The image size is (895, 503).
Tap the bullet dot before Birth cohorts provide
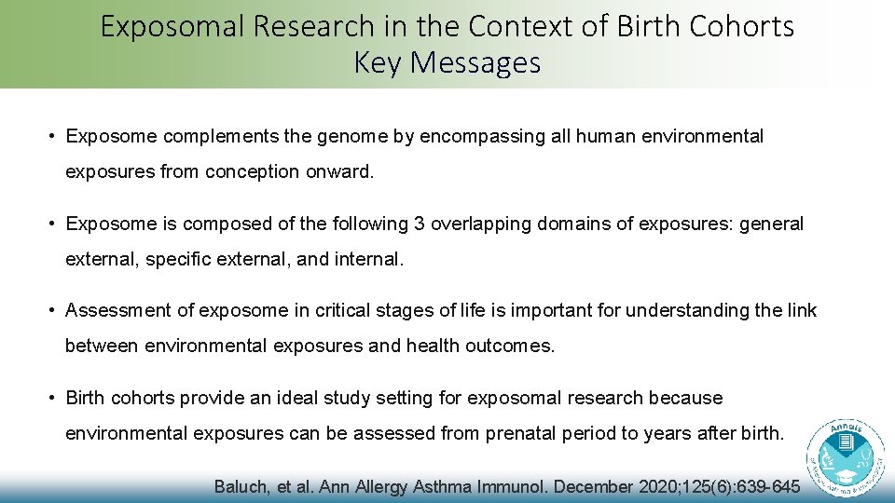point(54,399)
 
